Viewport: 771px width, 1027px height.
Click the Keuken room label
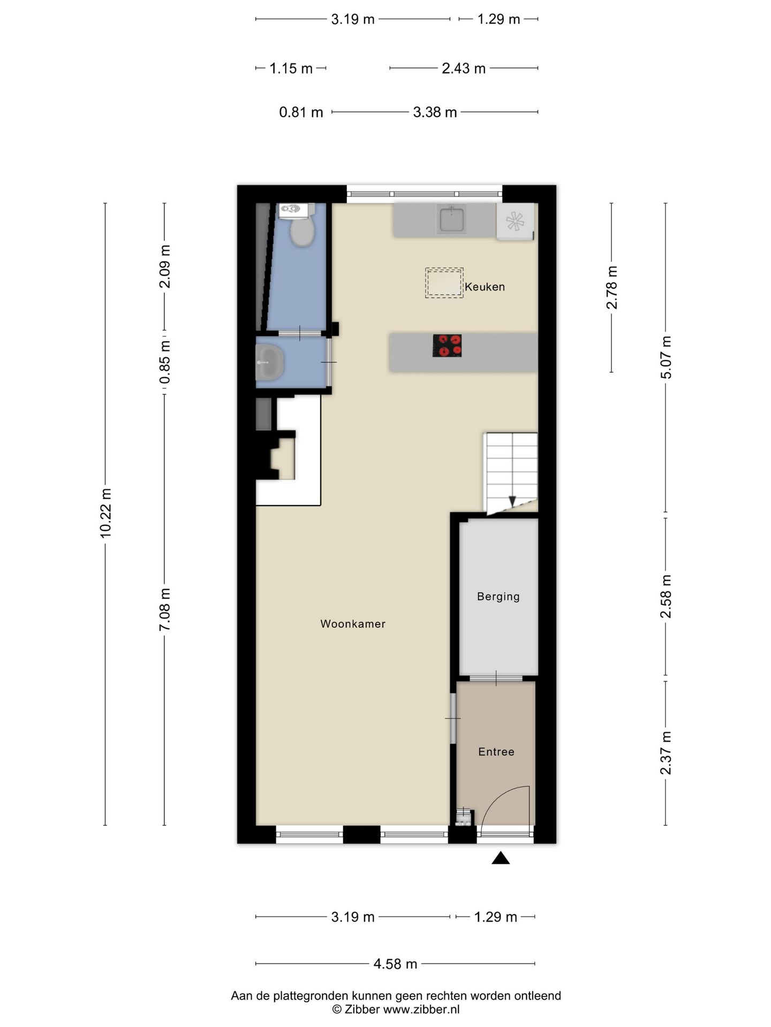point(485,287)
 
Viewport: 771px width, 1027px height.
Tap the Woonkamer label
point(353,624)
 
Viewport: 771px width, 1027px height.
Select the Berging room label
point(498,596)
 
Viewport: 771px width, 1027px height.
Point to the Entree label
point(496,752)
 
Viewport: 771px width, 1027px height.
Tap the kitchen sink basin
point(451,219)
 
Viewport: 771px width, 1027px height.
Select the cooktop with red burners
point(447,346)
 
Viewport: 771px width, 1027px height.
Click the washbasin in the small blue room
point(269,362)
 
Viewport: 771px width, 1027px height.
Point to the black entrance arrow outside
point(501,858)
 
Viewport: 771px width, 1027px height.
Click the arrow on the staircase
point(512,501)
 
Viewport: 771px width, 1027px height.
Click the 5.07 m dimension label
point(666,357)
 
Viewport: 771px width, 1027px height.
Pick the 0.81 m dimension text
point(301,112)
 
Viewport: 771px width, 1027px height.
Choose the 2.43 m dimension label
point(464,68)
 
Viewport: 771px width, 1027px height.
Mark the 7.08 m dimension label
point(165,609)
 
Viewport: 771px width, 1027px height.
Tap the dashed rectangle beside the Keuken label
point(444,283)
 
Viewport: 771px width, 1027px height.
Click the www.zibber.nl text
point(421,1009)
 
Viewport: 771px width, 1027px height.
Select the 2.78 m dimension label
point(611,287)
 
